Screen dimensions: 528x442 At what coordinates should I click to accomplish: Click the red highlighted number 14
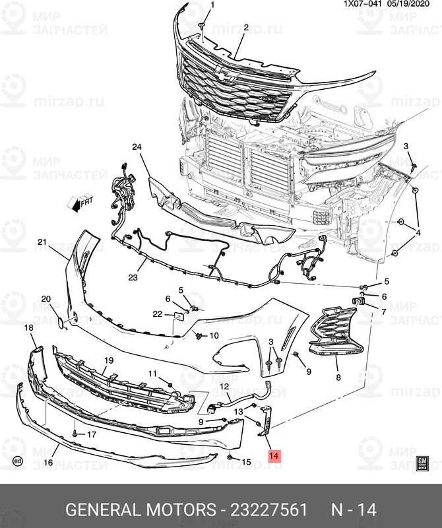point(274,455)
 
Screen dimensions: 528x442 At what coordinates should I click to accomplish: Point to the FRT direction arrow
point(82,203)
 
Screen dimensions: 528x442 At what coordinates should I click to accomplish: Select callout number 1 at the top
point(212,5)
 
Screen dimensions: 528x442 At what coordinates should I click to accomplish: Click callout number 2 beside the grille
point(245,28)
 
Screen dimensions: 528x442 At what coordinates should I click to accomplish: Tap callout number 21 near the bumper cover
point(42,242)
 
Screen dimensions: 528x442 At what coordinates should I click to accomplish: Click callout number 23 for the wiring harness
point(133,278)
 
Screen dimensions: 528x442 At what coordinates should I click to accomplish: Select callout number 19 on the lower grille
point(109,360)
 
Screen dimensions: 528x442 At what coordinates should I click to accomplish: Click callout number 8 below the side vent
point(338,378)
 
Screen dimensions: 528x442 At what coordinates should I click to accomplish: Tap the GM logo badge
point(422,463)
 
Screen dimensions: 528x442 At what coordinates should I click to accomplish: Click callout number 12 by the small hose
point(224,387)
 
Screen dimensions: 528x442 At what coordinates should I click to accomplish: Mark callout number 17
point(91,434)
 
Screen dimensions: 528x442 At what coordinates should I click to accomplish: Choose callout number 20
point(46,299)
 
